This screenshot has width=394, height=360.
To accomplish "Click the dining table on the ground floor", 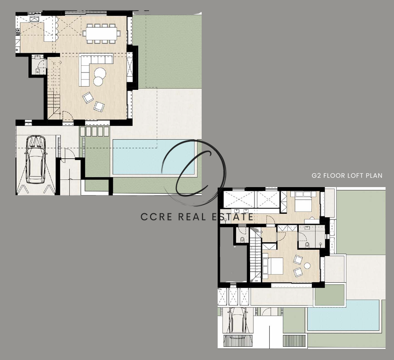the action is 101,33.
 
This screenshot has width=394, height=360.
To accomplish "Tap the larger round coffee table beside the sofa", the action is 100,73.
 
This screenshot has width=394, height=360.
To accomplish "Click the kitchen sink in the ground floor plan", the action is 34,19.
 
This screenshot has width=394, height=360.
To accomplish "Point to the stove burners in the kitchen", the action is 18,32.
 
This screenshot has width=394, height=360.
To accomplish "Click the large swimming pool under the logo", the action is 153,157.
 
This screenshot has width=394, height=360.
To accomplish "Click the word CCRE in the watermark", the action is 156,217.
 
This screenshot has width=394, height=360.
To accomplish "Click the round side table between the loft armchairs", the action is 307,265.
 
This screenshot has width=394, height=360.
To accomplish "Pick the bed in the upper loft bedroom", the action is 303,201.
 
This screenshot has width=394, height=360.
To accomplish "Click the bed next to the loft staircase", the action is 273,266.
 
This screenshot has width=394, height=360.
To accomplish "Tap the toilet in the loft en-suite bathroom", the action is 307,244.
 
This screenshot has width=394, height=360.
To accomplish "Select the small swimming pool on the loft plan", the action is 343,315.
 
